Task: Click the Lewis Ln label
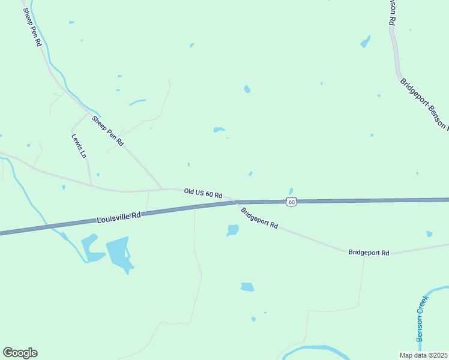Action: click(x=79, y=145)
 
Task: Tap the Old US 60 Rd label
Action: click(x=203, y=193)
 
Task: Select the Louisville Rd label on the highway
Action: click(x=118, y=217)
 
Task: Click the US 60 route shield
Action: click(x=291, y=202)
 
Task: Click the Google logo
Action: click(x=20, y=353)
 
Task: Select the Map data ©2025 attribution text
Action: click(x=423, y=355)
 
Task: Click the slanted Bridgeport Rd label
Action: click(x=259, y=218)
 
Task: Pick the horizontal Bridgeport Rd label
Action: click(x=369, y=253)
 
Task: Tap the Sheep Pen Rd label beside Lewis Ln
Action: click(x=107, y=131)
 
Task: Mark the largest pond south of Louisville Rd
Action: click(x=118, y=252)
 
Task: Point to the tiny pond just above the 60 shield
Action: click(x=291, y=191)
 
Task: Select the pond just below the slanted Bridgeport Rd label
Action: click(x=232, y=230)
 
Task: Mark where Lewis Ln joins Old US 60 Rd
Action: click(x=91, y=185)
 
